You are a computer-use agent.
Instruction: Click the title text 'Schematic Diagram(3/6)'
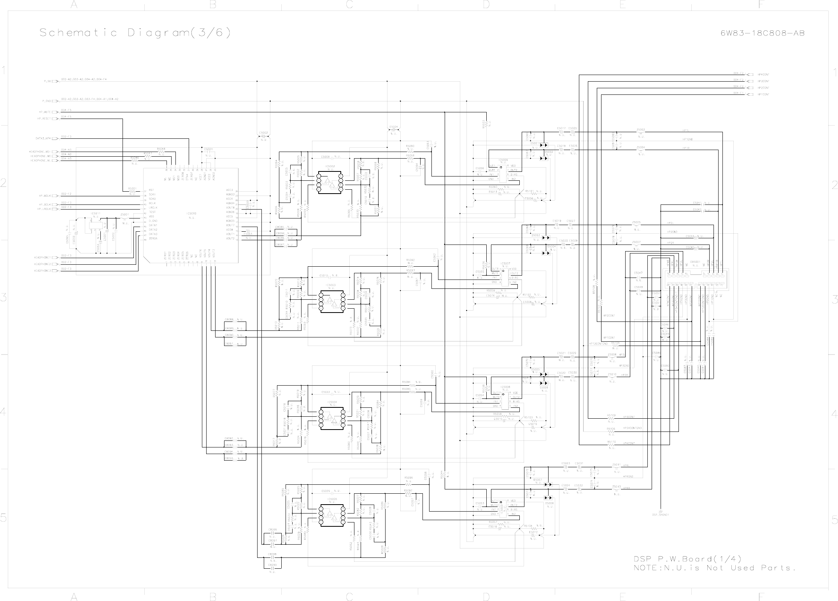(135, 33)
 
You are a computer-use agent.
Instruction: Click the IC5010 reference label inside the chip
(191, 213)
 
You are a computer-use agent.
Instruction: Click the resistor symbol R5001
(132, 191)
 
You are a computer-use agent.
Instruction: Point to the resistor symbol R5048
(161, 152)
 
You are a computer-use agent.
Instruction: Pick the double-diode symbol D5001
(544, 145)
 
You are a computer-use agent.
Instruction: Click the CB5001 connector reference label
(695, 262)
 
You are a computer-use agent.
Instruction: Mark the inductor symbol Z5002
(641, 133)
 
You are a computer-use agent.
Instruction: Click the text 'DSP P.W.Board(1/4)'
(687, 559)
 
